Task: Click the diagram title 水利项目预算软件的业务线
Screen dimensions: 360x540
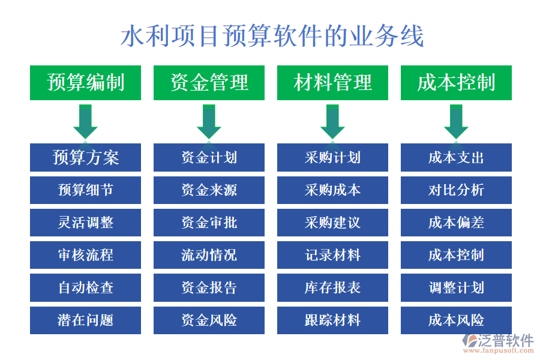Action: coord(272,36)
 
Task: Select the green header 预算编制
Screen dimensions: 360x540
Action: coord(86,83)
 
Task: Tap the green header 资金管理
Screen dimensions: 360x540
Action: coord(209,83)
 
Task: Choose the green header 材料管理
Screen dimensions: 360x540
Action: coord(332,83)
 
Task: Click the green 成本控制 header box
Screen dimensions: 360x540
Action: coord(456,83)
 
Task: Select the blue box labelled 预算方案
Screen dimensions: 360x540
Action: coord(86,158)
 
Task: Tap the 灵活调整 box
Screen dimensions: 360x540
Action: coord(86,223)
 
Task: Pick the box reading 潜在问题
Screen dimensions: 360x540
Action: coord(86,320)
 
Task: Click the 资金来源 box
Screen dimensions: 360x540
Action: coord(209,190)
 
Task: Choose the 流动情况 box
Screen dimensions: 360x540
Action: coord(209,255)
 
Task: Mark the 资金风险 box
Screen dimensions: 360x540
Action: coord(209,320)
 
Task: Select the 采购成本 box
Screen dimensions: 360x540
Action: coord(332,190)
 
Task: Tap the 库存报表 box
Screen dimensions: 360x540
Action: coord(332,287)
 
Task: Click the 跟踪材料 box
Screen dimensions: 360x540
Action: coord(332,320)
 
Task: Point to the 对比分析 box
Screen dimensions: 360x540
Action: coord(456,190)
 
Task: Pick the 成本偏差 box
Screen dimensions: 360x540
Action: coord(456,223)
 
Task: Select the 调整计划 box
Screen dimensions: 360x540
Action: coord(456,287)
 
